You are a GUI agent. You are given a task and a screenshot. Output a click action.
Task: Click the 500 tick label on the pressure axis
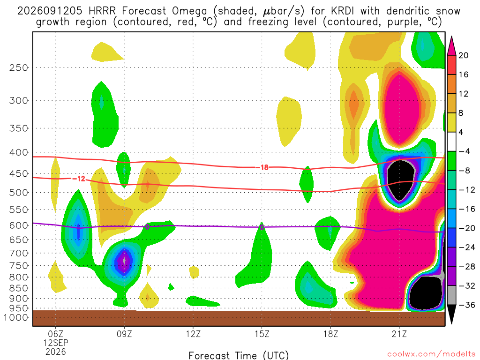pos(19,193)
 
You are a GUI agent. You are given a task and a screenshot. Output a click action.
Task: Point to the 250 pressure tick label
pos(19,67)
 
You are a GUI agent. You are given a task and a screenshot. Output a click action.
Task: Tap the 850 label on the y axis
pos(19,288)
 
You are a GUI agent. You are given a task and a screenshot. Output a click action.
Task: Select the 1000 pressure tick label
pos(16,317)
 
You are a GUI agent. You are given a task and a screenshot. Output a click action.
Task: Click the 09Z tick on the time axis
pos(124,334)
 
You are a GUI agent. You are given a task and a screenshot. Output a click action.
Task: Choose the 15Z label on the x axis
pos(262,334)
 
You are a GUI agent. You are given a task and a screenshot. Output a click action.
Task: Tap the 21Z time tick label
pos(399,334)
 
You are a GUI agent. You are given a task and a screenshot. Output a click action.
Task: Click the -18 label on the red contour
pos(262,167)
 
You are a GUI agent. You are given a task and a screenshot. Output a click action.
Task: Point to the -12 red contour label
pos(79,179)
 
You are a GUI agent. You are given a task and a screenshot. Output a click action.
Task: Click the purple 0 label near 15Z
pos(262,227)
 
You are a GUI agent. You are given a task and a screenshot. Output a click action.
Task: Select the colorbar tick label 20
pos(464,55)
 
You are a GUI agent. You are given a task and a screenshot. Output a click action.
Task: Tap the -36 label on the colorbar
pos(467,305)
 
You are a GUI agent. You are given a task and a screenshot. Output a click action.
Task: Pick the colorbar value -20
pos(467,228)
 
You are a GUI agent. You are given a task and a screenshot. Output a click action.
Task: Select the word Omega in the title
pos(189,11)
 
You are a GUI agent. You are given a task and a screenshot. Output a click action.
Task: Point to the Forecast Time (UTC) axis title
pos(239,355)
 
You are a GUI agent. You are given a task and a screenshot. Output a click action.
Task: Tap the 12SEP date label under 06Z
pos(56,343)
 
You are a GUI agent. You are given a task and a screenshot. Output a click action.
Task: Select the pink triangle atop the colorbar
pos(451,46)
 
